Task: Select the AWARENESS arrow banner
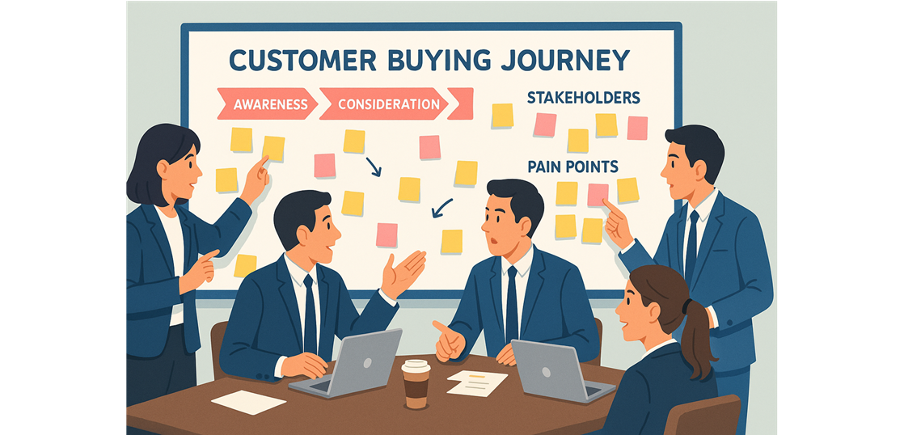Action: (x=267, y=104)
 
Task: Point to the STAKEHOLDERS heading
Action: (x=584, y=97)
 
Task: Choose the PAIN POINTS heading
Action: (x=572, y=167)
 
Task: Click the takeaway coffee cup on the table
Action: (x=416, y=384)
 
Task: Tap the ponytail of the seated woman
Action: (x=698, y=340)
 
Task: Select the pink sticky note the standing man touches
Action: (x=598, y=195)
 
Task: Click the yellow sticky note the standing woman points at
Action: (x=273, y=148)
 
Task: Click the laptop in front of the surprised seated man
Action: (x=561, y=370)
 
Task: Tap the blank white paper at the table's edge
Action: (x=248, y=402)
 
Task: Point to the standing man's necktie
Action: (x=691, y=245)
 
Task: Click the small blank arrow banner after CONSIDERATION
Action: (x=460, y=103)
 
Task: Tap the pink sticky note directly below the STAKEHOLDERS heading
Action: (x=545, y=125)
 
